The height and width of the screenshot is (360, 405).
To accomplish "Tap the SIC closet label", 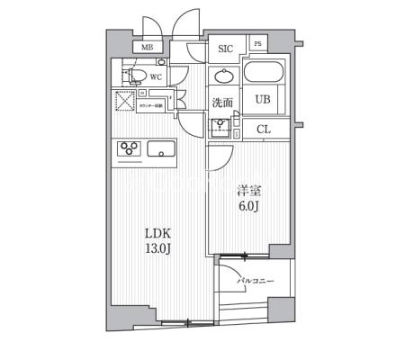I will tap(226, 49).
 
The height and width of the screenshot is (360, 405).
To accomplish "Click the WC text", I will tap(156, 76).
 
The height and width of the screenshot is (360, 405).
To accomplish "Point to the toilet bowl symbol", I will tap(135, 76).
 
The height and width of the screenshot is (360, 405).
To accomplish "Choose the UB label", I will tap(263, 100).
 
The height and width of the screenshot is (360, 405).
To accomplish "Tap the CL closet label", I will tap(264, 129).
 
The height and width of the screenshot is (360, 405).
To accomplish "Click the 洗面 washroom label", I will tap(221, 103).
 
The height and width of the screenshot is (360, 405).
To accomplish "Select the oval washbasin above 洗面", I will tap(222, 76).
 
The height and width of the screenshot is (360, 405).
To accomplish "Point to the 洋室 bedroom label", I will tap(249, 190).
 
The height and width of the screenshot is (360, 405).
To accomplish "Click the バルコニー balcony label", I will tap(256, 282).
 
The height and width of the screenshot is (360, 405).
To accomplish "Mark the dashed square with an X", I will tap(125, 100).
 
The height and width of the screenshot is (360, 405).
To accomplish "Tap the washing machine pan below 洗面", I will tap(221, 127).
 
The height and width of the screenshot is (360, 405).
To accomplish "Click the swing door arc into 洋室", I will tap(219, 159).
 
